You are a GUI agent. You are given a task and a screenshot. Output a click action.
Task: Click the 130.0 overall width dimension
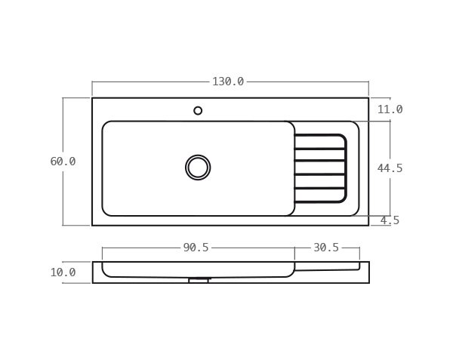[228, 82]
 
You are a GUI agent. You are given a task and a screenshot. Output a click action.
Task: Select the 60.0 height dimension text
[63, 162]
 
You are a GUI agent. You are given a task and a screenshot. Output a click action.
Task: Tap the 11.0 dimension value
[390, 109]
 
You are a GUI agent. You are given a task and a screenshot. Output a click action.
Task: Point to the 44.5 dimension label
[390, 168]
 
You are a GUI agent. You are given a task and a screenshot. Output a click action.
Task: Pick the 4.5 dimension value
[390, 220]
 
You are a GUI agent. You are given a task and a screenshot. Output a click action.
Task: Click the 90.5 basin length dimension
[196, 248]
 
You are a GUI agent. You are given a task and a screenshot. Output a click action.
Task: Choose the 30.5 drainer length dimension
[326, 248]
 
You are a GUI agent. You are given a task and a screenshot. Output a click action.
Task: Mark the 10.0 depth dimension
[63, 272]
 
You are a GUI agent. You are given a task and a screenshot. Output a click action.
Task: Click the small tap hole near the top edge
[198, 111]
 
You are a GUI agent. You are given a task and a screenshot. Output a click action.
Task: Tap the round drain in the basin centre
[198, 168]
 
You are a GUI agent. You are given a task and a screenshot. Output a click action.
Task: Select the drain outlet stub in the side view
[198, 280]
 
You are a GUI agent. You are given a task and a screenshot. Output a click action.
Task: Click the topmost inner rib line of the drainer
[319, 149]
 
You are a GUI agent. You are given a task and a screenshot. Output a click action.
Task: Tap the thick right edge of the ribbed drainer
[346, 168]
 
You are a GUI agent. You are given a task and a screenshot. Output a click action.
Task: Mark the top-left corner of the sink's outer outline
[92, 98]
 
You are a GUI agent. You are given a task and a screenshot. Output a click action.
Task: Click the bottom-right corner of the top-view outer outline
[368, 225]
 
